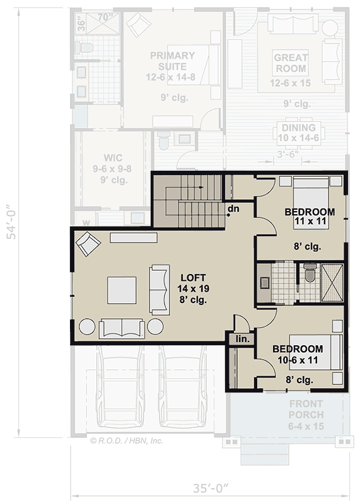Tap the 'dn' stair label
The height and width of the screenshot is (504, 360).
coord(233,209)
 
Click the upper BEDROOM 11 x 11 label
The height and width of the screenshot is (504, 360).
coord(309,216)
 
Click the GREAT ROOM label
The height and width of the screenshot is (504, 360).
coord(291,63)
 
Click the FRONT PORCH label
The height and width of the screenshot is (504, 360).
coord(306,415)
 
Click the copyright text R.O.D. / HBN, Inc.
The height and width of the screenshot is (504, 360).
coord(127,441)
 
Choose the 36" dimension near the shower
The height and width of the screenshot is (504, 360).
coord(80,25)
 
